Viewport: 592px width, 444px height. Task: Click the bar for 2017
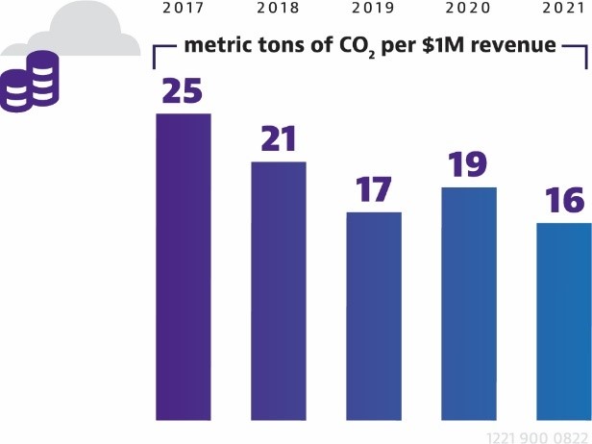pos(183,266)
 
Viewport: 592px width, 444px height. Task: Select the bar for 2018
pos(279,290)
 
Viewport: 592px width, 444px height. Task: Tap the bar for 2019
pos(374,315)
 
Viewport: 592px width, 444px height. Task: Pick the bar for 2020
pos(468,303)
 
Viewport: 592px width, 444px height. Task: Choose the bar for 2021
pos(563,321)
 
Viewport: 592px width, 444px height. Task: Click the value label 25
pos(183,90)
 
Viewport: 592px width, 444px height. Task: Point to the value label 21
pos(279,139)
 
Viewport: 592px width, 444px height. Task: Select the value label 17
pos(374,189)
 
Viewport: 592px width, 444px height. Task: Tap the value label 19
pos(468,164)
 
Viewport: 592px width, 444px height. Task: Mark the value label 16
pos(563,201)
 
